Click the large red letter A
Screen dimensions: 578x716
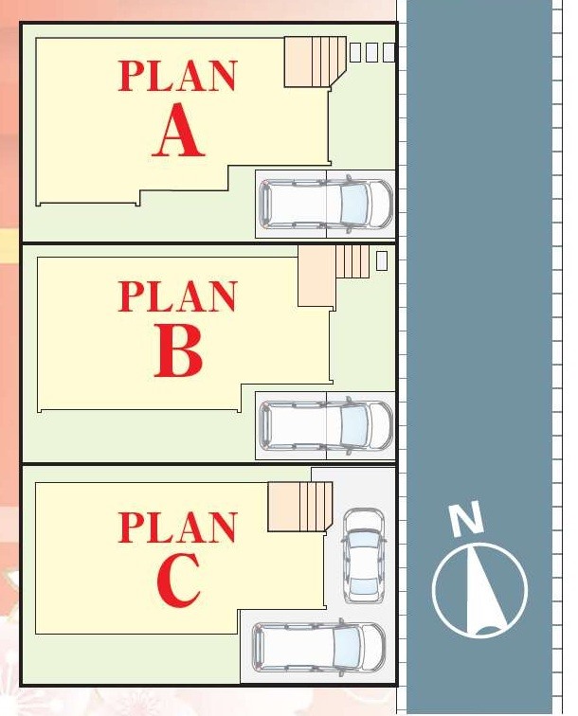click(178, 130)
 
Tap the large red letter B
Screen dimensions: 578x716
click(179, 350)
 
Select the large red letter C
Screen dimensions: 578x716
click(179, 580)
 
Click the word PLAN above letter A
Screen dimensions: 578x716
click(178, 76)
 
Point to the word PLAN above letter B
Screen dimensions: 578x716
click(178, 296)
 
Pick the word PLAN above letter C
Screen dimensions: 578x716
click(178, 527)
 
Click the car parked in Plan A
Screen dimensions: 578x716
click(326, 204)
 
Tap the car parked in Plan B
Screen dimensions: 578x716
click(326, 425)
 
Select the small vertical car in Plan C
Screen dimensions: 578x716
click(364, 556)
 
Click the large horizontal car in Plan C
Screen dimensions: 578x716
click(319, 648)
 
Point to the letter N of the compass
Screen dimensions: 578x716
click(467, 518)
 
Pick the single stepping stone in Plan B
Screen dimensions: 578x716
click(382, 260)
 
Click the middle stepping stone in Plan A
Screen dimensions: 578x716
click(371, 52)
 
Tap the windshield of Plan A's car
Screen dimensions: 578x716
click(354, 204)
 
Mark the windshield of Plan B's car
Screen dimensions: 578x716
click(354, 425)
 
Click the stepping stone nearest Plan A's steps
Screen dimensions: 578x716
click(355, 52)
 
